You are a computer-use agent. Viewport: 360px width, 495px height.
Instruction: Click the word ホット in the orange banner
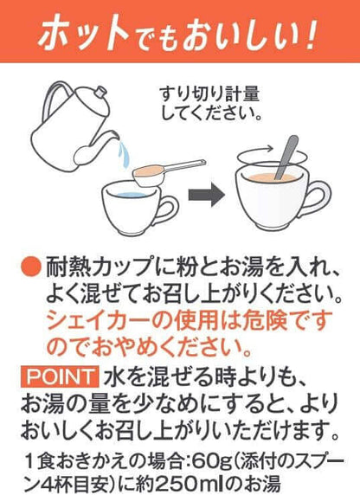click(83, 33)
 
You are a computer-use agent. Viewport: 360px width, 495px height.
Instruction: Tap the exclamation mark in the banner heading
click(310, 34)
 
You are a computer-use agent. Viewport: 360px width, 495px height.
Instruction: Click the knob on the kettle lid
click(101, 92)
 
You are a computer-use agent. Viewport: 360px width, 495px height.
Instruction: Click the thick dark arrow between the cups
click(207, 195)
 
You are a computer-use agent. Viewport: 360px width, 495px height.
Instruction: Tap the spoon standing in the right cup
click(286, 157)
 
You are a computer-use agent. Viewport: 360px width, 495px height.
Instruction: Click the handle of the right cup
click(319, 198)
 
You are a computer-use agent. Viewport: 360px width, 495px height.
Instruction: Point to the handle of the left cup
click(167, 210)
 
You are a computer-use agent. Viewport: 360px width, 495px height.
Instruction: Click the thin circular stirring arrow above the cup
click(272, 157)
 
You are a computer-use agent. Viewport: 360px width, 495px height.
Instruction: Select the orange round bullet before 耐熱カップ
click(31, 267)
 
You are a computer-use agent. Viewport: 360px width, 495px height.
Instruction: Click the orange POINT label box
click(59, 376)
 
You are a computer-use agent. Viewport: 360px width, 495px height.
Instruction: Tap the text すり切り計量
click(209, 93)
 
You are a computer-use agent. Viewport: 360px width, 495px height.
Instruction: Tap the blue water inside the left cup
click(130, 195)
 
